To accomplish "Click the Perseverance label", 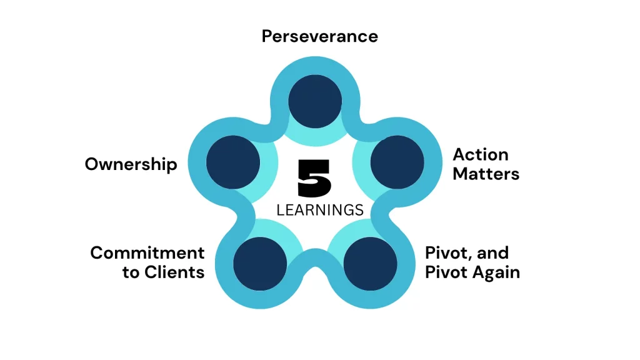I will point(319,36).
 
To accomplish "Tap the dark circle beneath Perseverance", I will point(316,101).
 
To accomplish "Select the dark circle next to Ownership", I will point(232,161).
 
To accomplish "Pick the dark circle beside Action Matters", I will point(397,162).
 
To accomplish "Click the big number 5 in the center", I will point(315,179).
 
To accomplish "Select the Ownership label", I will point(131,164).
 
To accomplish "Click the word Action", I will point(481,154).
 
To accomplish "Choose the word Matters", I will point(486,174).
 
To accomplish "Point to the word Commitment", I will point(147,253).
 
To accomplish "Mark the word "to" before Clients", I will point(131,273).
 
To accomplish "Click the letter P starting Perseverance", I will point(267,36).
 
